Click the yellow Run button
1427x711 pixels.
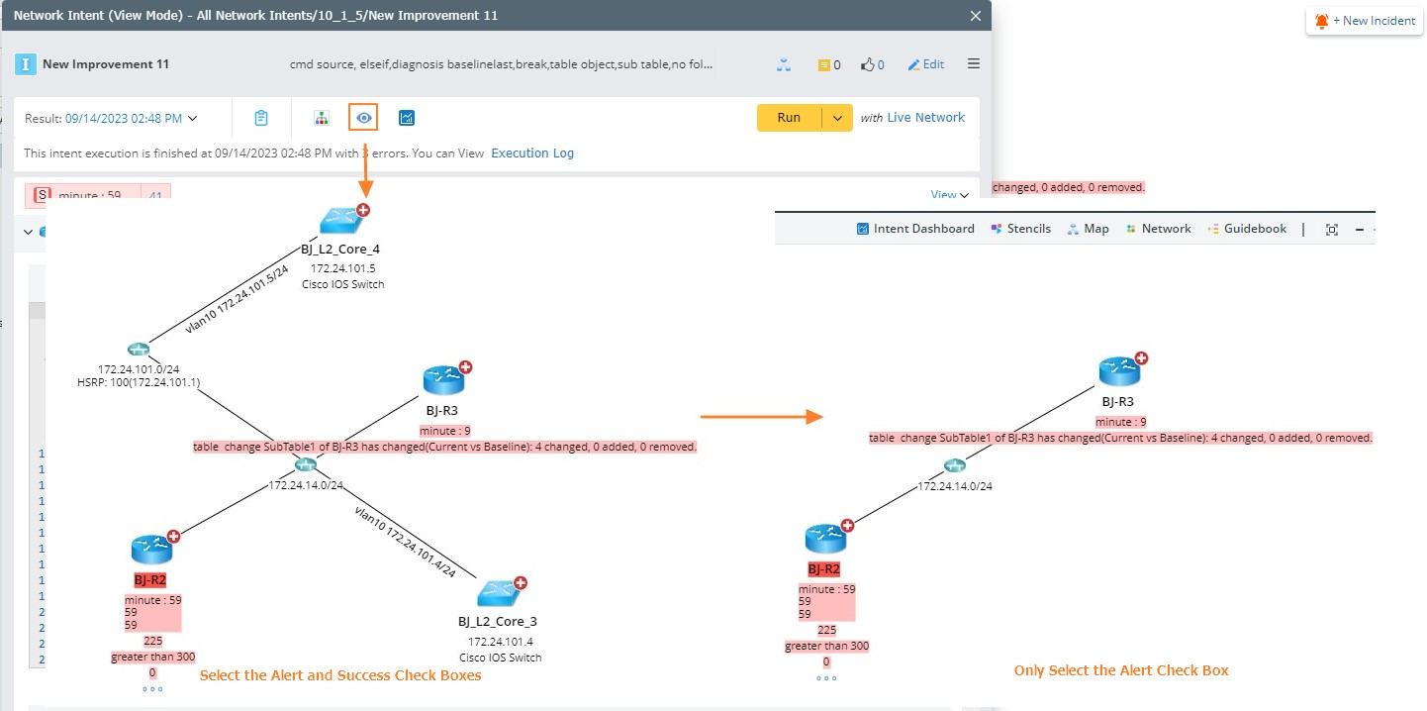789,118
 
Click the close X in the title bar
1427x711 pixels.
976,16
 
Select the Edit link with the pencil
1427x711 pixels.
926,64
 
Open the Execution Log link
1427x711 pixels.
532,153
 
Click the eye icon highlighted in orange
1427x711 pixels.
364,118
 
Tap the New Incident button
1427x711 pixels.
1365,21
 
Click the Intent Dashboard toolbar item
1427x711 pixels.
915,229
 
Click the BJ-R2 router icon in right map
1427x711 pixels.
824,537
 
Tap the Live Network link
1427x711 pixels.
925,118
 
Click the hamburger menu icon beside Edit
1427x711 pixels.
974,64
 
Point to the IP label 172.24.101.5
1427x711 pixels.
342,268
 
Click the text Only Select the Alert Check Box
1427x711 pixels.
1120,670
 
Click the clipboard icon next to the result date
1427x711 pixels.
261,118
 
